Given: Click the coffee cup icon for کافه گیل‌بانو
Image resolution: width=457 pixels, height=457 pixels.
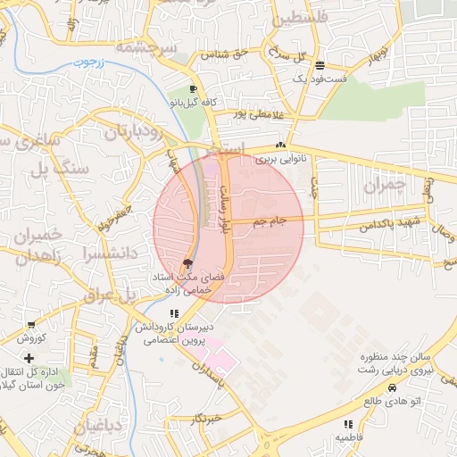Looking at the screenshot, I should click(x=193, y=89).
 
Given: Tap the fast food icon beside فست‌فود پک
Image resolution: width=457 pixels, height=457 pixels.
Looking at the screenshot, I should click(x=320, y=65).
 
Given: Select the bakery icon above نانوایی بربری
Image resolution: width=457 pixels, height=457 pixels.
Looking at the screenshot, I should click(x=281, y=145).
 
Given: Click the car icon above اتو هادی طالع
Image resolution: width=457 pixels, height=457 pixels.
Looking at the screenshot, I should click(x=393, y=388).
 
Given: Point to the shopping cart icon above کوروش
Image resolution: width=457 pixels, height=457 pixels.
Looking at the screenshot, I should click(x=32, y=325).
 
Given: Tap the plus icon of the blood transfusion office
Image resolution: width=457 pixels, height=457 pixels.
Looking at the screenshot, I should click(x=31, y=357).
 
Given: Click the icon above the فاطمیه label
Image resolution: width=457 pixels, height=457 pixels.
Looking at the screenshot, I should click(x=349, y=424).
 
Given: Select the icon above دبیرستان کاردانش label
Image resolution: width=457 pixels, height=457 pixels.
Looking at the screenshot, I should click(x=173, y=313).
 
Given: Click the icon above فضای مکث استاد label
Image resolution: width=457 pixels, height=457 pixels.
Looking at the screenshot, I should click(x=187, y=263).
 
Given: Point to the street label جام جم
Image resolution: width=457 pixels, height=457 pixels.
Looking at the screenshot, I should click(x=270, y=220).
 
